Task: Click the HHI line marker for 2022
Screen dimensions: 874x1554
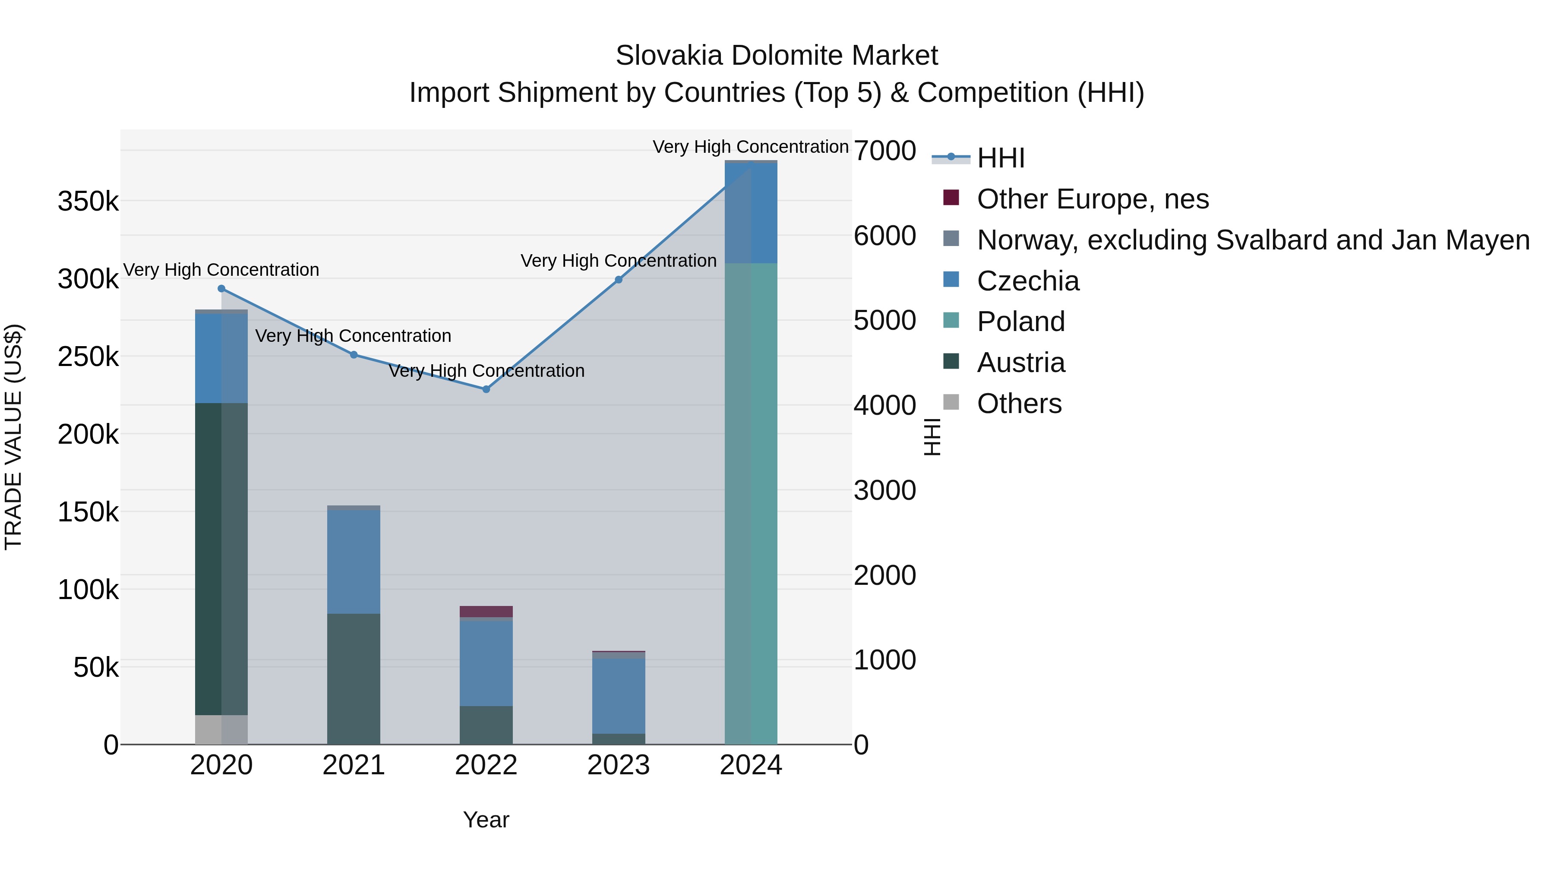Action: pyautogui.click(x=486, y=389)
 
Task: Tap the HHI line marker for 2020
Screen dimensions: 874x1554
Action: pyautogui.click(x=221, y=288)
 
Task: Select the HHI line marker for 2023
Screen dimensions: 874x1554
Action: pyautogui.click(x=618, y=280)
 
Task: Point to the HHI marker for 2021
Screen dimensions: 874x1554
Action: pyautogui.click(x=354, y=355)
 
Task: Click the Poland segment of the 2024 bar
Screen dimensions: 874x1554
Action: pyautogui.click(x=751, y=503)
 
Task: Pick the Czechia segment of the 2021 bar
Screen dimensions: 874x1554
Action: pyautogui.click(x=354, y=561)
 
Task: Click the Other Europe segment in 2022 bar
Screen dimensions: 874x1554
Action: pyautogui.click(x=486, y=611)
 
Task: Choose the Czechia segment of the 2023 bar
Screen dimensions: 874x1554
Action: pyautogui.click(x=618, y=695)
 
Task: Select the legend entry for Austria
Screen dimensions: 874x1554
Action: pyautogui.click(x=1021, y=363)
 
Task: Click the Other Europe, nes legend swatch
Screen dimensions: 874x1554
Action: pyautogui.click(x=951, y=198)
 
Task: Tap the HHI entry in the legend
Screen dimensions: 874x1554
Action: pyautogui.click(x=1000, y=158)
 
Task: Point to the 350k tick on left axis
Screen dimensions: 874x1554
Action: pyautogui.click(x=88, y=201)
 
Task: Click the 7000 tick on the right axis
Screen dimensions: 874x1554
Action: pyautogui.click(x=884, y=151)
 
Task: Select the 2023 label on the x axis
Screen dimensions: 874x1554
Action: pyautogui.click(x=618, y=765)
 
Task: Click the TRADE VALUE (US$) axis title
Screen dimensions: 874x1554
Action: pyautogui.click(x=13, y=437)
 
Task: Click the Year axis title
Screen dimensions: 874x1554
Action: pyautogui.click(x=486, y=820)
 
